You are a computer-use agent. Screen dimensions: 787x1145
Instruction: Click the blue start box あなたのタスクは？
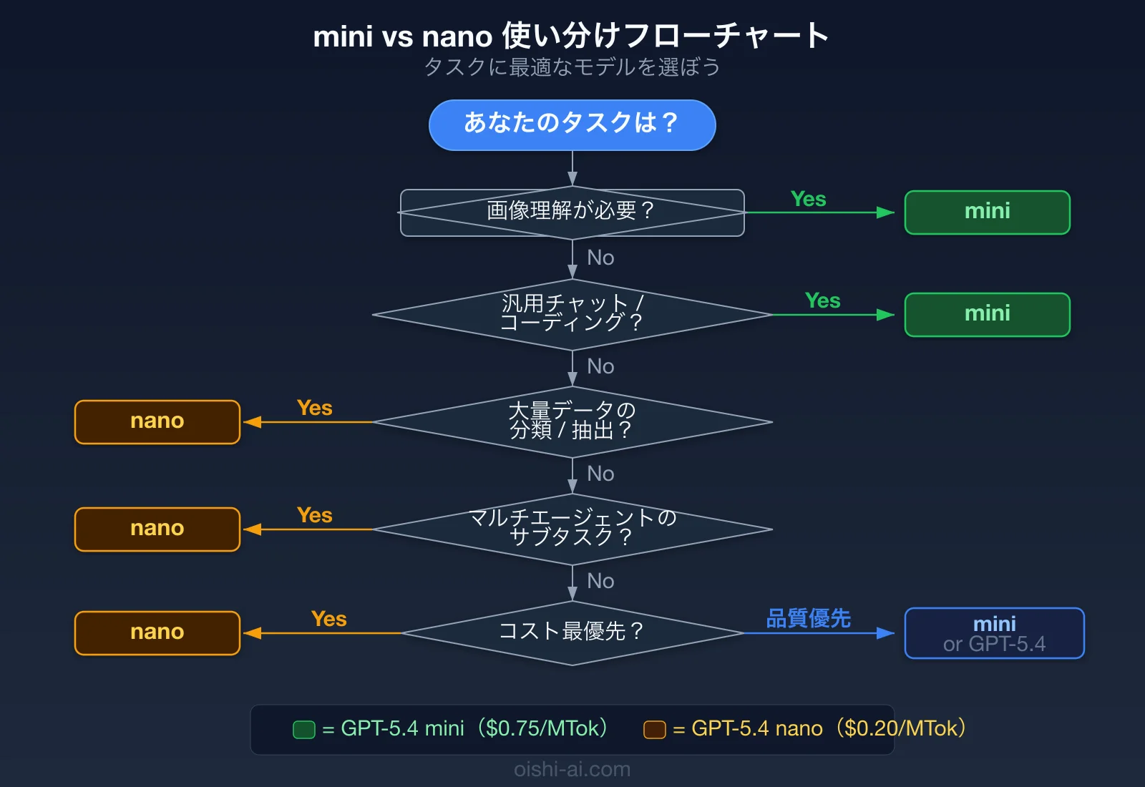pos(572,125)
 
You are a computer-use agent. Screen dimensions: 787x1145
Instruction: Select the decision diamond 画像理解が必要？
pos(572,212)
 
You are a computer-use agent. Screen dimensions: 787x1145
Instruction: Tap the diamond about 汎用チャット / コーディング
pos(572,314)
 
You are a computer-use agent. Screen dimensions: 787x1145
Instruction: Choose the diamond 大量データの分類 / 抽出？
pos(572,421)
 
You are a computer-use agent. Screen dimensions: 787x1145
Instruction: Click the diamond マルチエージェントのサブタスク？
pos(572,529)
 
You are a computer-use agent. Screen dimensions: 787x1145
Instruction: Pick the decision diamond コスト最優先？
pos(572,632)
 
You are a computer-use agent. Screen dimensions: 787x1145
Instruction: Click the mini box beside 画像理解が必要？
pos(987,212)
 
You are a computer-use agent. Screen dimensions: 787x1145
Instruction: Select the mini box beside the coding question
pos(987,315)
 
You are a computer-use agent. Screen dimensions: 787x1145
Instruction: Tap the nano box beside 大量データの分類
pos(157,422)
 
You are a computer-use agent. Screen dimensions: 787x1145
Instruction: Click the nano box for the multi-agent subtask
pos(157,529)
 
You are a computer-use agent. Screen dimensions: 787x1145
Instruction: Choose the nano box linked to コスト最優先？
pos(157,633)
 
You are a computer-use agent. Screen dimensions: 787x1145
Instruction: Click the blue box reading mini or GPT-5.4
pos(994,633)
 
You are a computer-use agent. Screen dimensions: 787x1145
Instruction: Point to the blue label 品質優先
pos(808,619)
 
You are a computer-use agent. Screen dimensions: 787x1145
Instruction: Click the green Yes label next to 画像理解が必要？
pos(808,200)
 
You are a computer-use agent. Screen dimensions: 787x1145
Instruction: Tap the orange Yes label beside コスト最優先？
pos(328,620)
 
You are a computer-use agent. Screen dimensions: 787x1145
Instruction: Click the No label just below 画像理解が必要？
pos(600,258)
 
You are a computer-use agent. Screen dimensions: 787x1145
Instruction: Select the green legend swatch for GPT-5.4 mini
pos(304,730)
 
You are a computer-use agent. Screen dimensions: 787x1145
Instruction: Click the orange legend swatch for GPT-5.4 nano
pos(654,730)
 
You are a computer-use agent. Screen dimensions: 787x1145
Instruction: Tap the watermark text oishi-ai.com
pos(572,770)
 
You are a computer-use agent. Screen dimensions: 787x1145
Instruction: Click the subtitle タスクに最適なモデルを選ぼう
pos(572,67)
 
